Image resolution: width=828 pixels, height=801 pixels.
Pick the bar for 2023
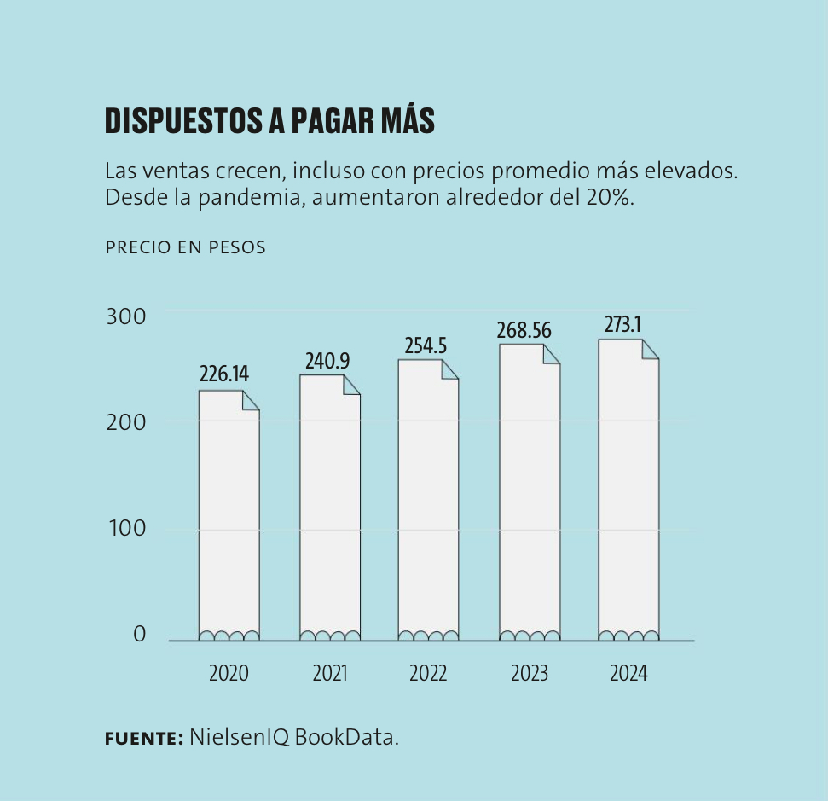[529, 495]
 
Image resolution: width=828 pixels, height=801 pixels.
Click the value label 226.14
[224, 374]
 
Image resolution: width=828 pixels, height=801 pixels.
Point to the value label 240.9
[327, 361]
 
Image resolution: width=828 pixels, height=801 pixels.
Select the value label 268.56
[524, 330]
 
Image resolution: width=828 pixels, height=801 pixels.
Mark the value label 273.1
[623, 325]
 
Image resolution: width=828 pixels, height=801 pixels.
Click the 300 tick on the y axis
[126, 316]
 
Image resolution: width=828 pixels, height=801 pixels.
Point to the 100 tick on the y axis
[126, 529]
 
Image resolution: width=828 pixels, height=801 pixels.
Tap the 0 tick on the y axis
[139, 635]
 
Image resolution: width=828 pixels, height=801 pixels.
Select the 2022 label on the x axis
[428, 673]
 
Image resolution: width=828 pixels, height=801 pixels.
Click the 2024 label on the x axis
[628, 673]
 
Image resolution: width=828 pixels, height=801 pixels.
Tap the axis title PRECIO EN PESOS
[185, 247]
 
